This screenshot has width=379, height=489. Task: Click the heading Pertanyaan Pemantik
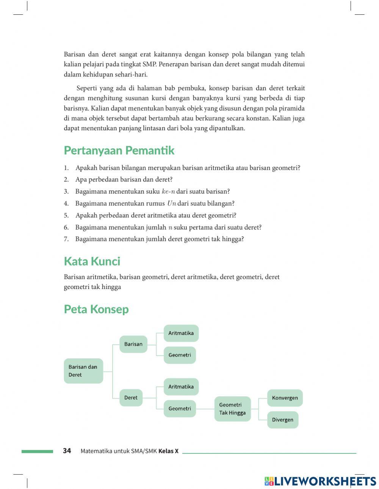click(119, 150)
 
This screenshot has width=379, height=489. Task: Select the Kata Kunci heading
click(92, 261)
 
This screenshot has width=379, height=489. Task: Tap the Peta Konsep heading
click(96, 309)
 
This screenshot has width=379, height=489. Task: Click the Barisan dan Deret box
click(83, 371)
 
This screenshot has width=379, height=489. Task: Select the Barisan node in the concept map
click(133, 344)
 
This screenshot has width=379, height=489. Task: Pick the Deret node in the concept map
click(131, 398)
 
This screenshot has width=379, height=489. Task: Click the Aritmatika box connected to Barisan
click(181, 333)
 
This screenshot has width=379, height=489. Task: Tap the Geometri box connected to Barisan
click(180, 355)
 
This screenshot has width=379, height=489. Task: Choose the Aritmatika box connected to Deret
click(181, 387)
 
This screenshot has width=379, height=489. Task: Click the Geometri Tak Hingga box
click(232, 409)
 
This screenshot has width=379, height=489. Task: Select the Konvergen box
click(285, 398)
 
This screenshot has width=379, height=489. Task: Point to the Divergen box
click(283, 420)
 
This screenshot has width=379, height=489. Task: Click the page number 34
click(67, 451)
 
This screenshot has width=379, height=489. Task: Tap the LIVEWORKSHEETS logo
click(320, 481)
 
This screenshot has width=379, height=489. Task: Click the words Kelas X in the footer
click(168, 451)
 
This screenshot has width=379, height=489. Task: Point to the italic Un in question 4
click(172, 203)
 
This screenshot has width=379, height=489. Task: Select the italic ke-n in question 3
click(168, 192)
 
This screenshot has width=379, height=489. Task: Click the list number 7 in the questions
click(66, 239)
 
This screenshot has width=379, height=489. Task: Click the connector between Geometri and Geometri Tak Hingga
click(205, 409)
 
